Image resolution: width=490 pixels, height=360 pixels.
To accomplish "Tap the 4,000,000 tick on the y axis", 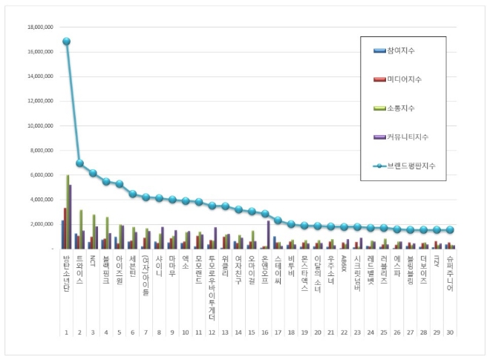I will click(39, 199).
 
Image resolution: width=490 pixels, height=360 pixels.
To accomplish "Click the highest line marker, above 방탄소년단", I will click(66, 42).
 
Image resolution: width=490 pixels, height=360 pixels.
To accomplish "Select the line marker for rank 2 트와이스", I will click(79, 163).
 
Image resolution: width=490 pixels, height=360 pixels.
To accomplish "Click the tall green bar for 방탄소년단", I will click(68, 212).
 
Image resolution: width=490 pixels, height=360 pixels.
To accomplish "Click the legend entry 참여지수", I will click(402, 50).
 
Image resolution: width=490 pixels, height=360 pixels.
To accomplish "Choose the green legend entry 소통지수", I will click(402, 108).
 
